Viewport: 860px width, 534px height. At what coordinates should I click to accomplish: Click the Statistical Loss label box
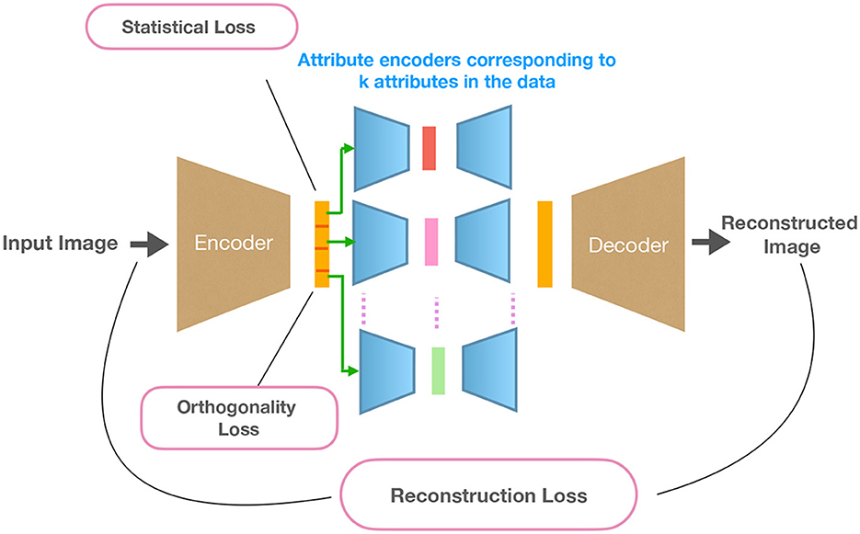pos(189,28)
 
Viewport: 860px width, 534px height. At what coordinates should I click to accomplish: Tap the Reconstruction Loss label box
pos(488,496)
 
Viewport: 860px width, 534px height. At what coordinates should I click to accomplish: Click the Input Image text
pos(60,244)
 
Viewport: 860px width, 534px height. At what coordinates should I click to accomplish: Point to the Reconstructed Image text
pos(788,234)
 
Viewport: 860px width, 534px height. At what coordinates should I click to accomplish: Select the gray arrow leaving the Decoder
pos(707,243)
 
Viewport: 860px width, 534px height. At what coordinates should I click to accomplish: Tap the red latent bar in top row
pos(429,148)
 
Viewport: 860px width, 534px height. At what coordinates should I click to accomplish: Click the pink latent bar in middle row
pos(431,242)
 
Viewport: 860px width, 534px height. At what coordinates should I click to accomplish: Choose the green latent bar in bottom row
pos(438,370)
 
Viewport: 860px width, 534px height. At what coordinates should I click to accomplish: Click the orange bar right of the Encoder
pos(322,244)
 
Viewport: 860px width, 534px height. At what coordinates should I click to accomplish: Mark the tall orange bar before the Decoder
pos(545,243)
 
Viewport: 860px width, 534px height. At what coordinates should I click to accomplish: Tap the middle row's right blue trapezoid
pos(484,242)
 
